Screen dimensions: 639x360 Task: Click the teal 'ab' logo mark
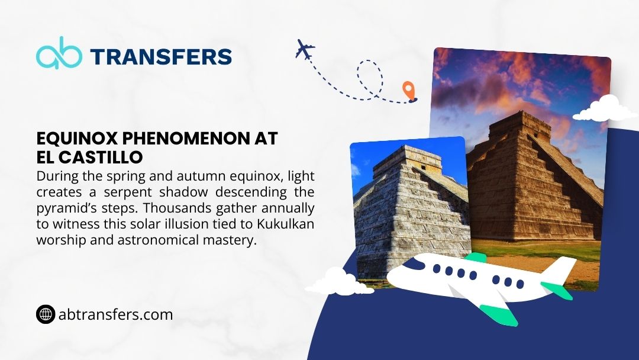[59, 53]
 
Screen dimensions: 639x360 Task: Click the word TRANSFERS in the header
[161, 57]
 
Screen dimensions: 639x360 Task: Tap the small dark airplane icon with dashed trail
[305, 49]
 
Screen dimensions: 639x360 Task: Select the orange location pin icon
[409, 91]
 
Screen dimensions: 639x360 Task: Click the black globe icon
[46, 314]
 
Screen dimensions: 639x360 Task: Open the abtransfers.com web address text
[116, 315]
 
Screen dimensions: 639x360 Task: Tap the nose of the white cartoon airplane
[393, 277]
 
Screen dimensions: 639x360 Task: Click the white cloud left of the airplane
[339, 281]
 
